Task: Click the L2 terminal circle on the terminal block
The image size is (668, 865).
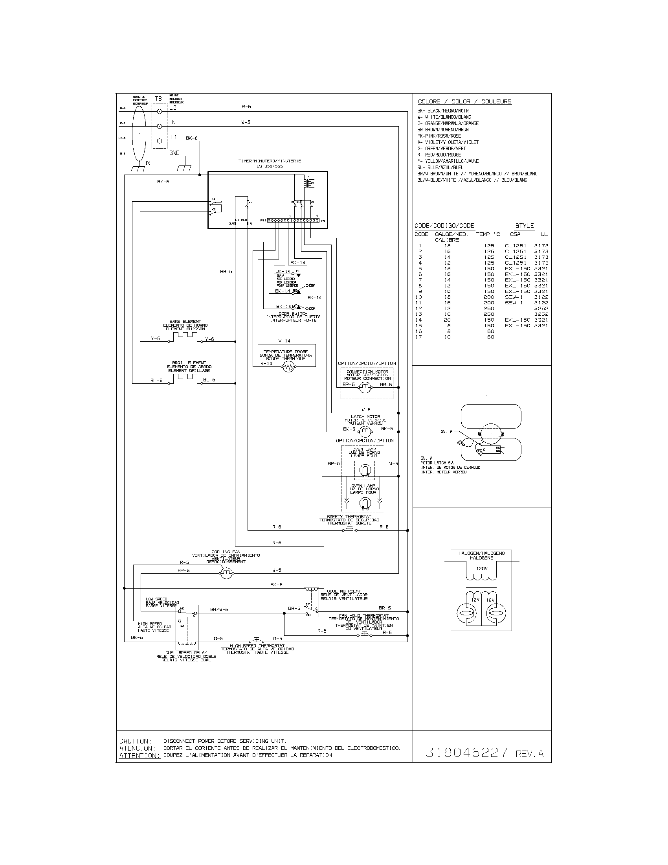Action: [x=160, y=112]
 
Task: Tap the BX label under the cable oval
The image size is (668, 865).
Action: [x=147, y=163]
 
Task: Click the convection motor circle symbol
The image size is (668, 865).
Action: [x=365, y=388]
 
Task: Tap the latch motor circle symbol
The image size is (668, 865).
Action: [x=364, y=431]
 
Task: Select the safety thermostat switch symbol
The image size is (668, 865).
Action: [x=349, y=530]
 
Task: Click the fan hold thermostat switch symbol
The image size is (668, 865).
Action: [x=365, y=634]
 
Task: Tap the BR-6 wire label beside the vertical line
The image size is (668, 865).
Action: [x=226, y=272]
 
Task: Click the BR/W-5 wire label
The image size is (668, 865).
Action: [x=219, y=609]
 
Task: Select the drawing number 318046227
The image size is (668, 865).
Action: [x=466, y=753]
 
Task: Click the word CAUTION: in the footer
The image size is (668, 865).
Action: [x=135, y=741]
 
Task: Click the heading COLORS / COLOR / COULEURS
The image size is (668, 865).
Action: [x=464, y=101]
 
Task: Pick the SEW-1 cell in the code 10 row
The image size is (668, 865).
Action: [x=514, y=297]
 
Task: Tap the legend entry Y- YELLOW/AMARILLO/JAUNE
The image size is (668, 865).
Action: [x=448, y=161]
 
